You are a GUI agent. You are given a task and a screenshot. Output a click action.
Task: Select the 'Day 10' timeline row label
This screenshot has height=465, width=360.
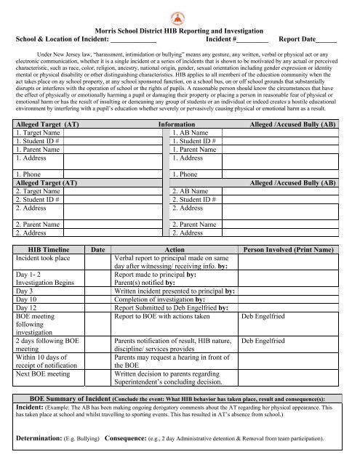click(28, 300)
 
